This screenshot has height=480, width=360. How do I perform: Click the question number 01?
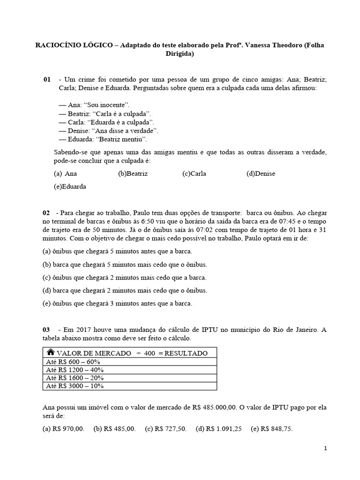pos(47,80)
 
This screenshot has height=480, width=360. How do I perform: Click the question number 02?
pos(46,213)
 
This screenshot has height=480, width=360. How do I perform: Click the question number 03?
pos(46,330)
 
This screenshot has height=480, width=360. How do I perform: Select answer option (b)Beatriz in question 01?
pos(133,173)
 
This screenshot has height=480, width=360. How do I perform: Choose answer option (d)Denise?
pos(261,173)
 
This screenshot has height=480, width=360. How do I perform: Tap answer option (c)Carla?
pos(194,173)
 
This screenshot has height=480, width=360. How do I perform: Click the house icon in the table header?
pos(50,352)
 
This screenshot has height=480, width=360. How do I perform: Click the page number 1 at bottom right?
pos(326,449)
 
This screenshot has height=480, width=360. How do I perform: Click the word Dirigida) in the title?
pos(180,53)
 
